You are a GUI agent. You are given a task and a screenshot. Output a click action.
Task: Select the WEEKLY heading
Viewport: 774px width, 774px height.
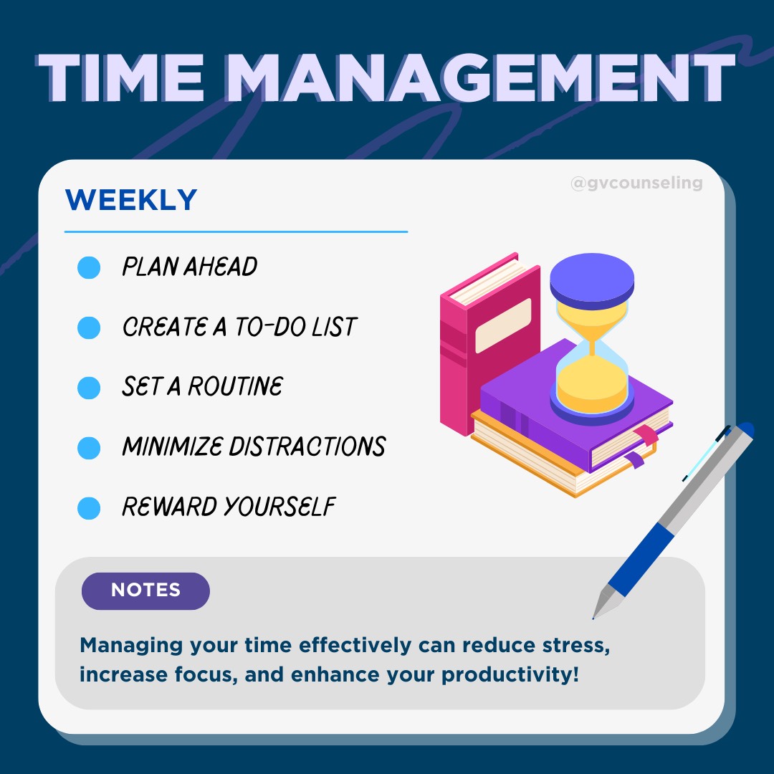[130, 200]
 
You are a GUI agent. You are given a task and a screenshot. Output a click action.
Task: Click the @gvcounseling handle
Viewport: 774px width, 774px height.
[636, 183]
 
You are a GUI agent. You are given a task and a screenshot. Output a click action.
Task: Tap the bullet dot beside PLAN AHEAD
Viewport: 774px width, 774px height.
[89, 268]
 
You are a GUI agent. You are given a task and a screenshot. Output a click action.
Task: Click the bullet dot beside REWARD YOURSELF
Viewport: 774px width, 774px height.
[89, 508]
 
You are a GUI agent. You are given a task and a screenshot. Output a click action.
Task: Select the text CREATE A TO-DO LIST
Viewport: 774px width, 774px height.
[239, 328]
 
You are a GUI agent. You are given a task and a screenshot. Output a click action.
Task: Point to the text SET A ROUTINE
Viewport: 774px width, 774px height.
[202, 388]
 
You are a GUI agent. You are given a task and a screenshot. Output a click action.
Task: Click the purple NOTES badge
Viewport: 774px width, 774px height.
[145, 591]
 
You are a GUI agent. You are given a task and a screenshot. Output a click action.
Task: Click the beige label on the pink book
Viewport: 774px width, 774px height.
[503, 325]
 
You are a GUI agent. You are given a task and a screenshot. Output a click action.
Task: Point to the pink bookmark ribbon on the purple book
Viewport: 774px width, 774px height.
[648, 435]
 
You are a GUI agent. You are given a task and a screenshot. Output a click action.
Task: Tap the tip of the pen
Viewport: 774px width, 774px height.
[596, 615]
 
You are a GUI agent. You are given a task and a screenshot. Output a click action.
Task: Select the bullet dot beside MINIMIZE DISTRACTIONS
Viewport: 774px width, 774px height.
[89, 448]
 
